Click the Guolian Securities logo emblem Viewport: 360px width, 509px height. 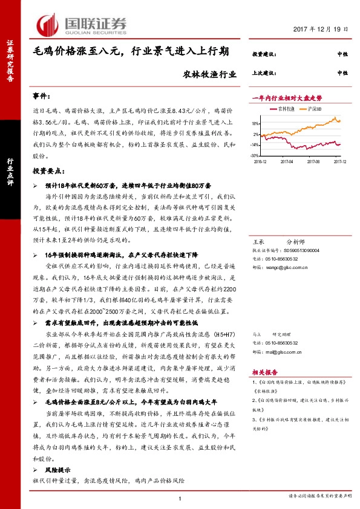[50, 24]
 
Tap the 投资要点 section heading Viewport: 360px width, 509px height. [48, 172]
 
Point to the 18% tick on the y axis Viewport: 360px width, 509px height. [257, 123]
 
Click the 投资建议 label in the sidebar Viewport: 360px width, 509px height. [264, 54]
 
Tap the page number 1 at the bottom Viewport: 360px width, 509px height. [180, 498]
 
